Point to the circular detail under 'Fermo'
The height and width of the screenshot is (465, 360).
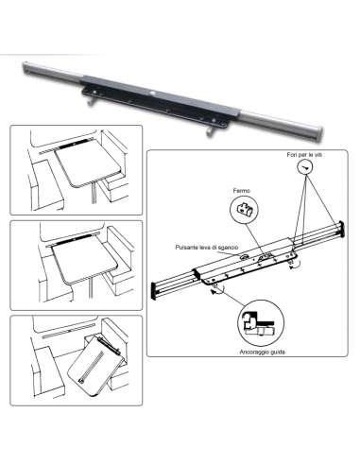pos(249,211)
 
